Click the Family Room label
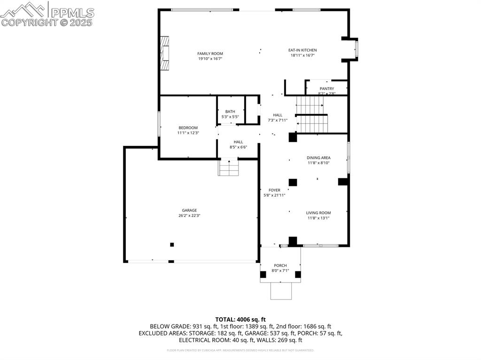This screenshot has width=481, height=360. coord(210,54)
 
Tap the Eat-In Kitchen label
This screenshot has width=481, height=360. coord(303,50)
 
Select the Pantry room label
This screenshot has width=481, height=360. coord(327,89)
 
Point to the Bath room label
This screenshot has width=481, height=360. coord(230,111)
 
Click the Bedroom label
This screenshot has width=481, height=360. coord(188,128)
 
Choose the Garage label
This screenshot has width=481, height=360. coord(190,210)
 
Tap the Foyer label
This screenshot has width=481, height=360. coord(274,190)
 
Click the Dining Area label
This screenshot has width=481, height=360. coord(318,158)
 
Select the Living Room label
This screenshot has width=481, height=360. coord(318,213)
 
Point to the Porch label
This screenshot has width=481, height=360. coord(280,266)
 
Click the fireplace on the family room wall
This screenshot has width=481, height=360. coord(163,53)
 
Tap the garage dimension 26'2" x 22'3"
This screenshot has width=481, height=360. coord(190,216)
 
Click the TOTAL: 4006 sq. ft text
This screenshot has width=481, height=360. coord(240,319)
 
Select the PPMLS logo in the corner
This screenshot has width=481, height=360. coord(47,14)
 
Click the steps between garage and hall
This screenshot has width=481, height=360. coord(229,168)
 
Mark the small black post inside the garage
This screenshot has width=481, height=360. coord(172,245)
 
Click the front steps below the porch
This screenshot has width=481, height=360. coord(281,291)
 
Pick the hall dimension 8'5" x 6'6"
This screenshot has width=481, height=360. coord(238,147)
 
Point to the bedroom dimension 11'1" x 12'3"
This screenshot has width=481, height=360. coord(188,133)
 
